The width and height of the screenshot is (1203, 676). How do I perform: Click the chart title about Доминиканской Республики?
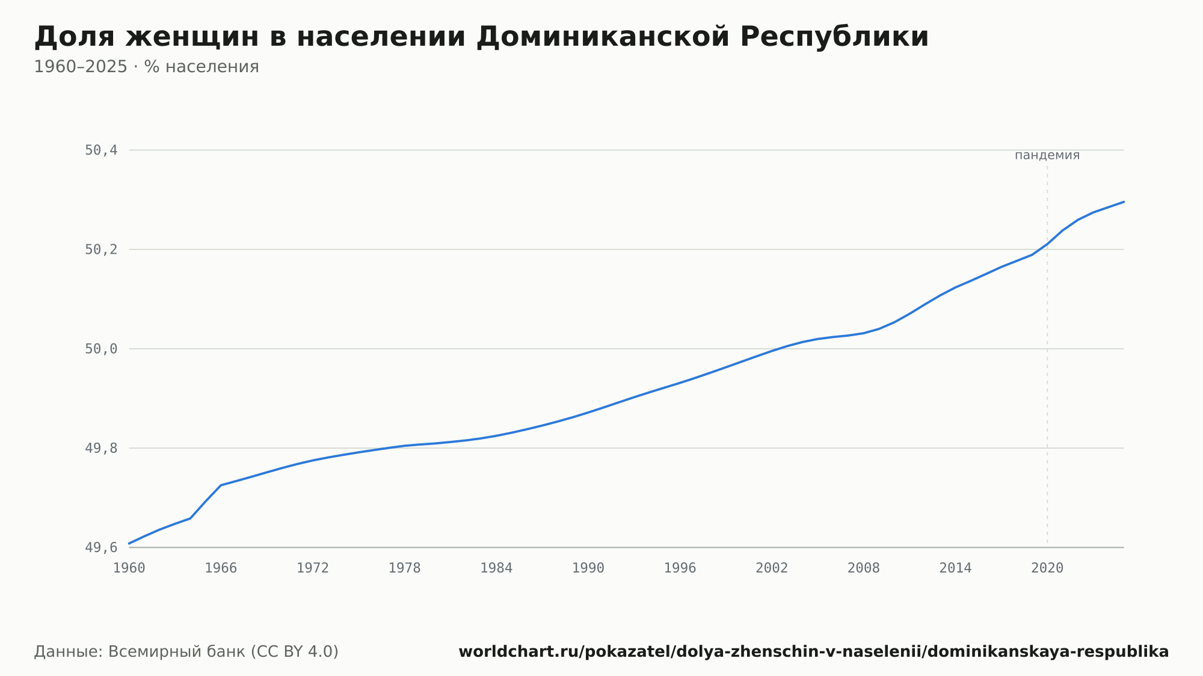(x=481, y=37)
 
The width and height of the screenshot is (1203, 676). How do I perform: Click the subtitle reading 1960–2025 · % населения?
(x=146, y=67)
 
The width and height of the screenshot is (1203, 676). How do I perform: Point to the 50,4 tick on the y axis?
(x=101, y=150)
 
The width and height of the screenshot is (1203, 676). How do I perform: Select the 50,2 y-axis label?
(x=101, y=250)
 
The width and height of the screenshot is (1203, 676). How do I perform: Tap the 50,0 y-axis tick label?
(x=101, y=349)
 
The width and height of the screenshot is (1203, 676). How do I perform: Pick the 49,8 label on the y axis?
(x=101, y=448)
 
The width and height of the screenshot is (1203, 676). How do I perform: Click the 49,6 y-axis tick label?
(x=101, y=548)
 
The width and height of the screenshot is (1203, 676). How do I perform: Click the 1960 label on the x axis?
(x=129, y=568)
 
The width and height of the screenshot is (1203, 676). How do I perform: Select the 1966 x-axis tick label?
(x=221, y=568)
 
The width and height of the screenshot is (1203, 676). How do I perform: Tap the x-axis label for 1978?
(x=404, y=568)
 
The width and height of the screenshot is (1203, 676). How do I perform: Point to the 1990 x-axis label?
(x=588, y=568)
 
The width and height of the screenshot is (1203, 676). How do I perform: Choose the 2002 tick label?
(x=772, y=568)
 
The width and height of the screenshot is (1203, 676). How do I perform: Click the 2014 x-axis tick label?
(x=955, y=568)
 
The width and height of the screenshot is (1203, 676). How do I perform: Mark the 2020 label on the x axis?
(x=1047, y=568)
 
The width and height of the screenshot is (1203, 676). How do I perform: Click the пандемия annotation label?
(x=1047, y=155)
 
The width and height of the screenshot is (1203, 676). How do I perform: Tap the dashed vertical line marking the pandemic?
(x=1047, y=356)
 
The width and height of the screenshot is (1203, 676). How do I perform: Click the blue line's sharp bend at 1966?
(x=221, y=485)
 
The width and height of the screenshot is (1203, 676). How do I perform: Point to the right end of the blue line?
(x=1124, y=202)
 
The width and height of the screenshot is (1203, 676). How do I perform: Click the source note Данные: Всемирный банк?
(x=186, y=651)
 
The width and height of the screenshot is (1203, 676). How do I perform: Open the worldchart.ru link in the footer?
(x=814, y=651)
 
